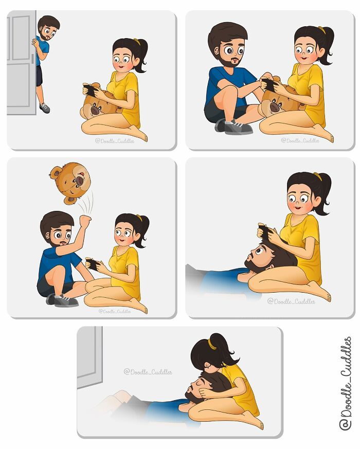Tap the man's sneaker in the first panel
tap(44, 108)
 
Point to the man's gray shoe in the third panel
tap(63, 300)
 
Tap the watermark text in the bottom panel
tap(148, 371)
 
